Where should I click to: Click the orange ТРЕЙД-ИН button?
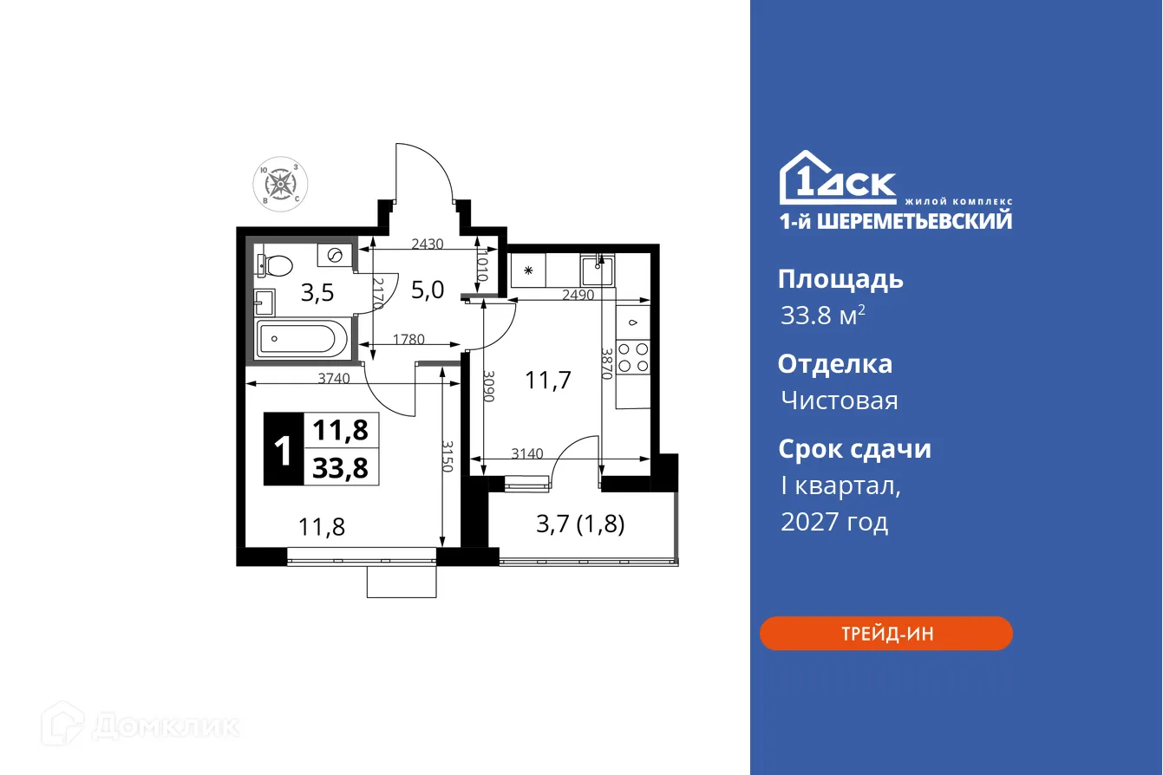coord(885,634)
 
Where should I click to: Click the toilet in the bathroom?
coord(276,263)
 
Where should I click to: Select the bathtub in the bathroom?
coord(301,337)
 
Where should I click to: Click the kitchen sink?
coord(598,270)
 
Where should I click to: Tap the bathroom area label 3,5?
coord(317,293)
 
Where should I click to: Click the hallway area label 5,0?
coord(427,290)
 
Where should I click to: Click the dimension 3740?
coord(335,378)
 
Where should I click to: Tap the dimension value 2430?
coord(427,244)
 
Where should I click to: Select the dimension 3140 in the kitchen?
coord(527,453)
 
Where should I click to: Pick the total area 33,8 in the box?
coord(340,468)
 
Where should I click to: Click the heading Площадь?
coord(840,279)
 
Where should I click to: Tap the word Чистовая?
coord(839,401)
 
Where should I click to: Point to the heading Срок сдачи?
coord(854,449)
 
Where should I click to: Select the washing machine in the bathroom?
coord(335,255)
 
